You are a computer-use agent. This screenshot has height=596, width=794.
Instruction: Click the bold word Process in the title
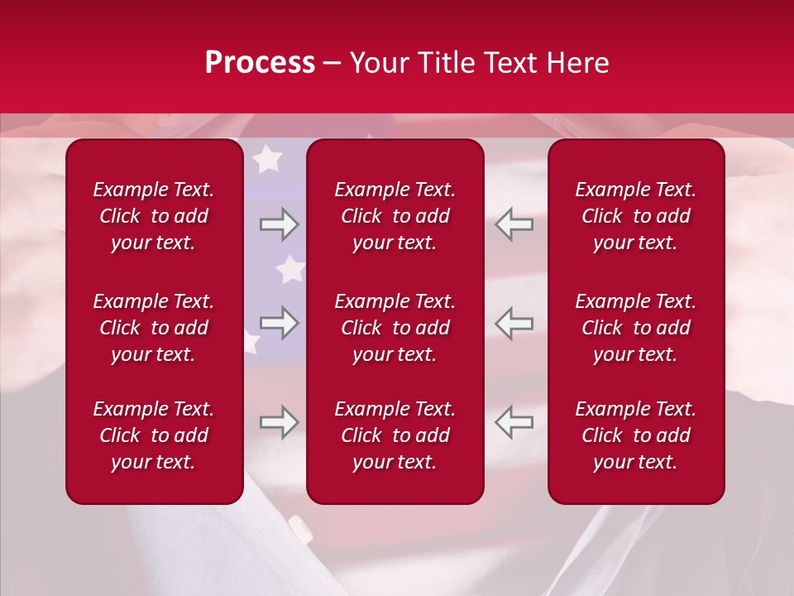point(260,63)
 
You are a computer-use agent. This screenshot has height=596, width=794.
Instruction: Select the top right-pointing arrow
point(279,224)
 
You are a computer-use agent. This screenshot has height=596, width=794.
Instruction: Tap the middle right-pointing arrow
point(279,323)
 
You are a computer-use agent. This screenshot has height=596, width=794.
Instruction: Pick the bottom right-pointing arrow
point(279,422)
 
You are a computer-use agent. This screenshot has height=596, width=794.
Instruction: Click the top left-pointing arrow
point(514,224)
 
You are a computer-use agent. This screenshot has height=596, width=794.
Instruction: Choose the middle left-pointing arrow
point(514,323)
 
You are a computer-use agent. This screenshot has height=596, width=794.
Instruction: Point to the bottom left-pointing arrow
point(514,422)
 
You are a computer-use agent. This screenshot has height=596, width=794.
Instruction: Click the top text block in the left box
point(154,216)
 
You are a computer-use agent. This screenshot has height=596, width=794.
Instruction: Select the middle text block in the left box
point(154,328)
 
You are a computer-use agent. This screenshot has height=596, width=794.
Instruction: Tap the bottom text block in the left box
point(154,435)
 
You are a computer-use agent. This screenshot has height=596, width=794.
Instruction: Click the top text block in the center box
point(395,216)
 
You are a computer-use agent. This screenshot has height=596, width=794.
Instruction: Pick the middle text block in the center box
point(395,328)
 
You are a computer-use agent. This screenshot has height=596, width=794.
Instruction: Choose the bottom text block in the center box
point(395,435)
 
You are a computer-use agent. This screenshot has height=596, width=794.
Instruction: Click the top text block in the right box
point(636,216)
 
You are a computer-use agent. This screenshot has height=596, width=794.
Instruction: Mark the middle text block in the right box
point(636,328)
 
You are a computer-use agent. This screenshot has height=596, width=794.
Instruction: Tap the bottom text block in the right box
point(636,435)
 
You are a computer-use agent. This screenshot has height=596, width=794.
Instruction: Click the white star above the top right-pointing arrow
point(266,159)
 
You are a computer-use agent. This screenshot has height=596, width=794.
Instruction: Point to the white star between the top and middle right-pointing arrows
point(289,269)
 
